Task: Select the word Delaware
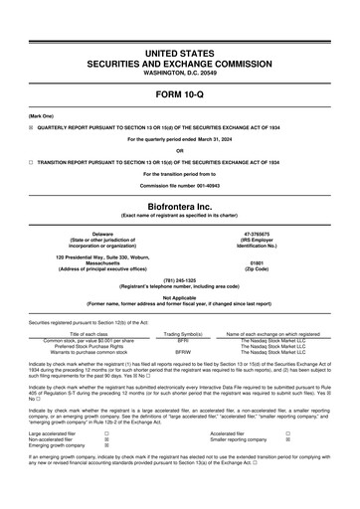click(x=95, y=233)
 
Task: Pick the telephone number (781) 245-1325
click(x=180, y=280)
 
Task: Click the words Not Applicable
click(x=180, y=297)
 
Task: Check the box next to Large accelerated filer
click(x=106, y=460)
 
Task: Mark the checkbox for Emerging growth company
click(x=106, y=472)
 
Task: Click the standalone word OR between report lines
click(x=180, y=151)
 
